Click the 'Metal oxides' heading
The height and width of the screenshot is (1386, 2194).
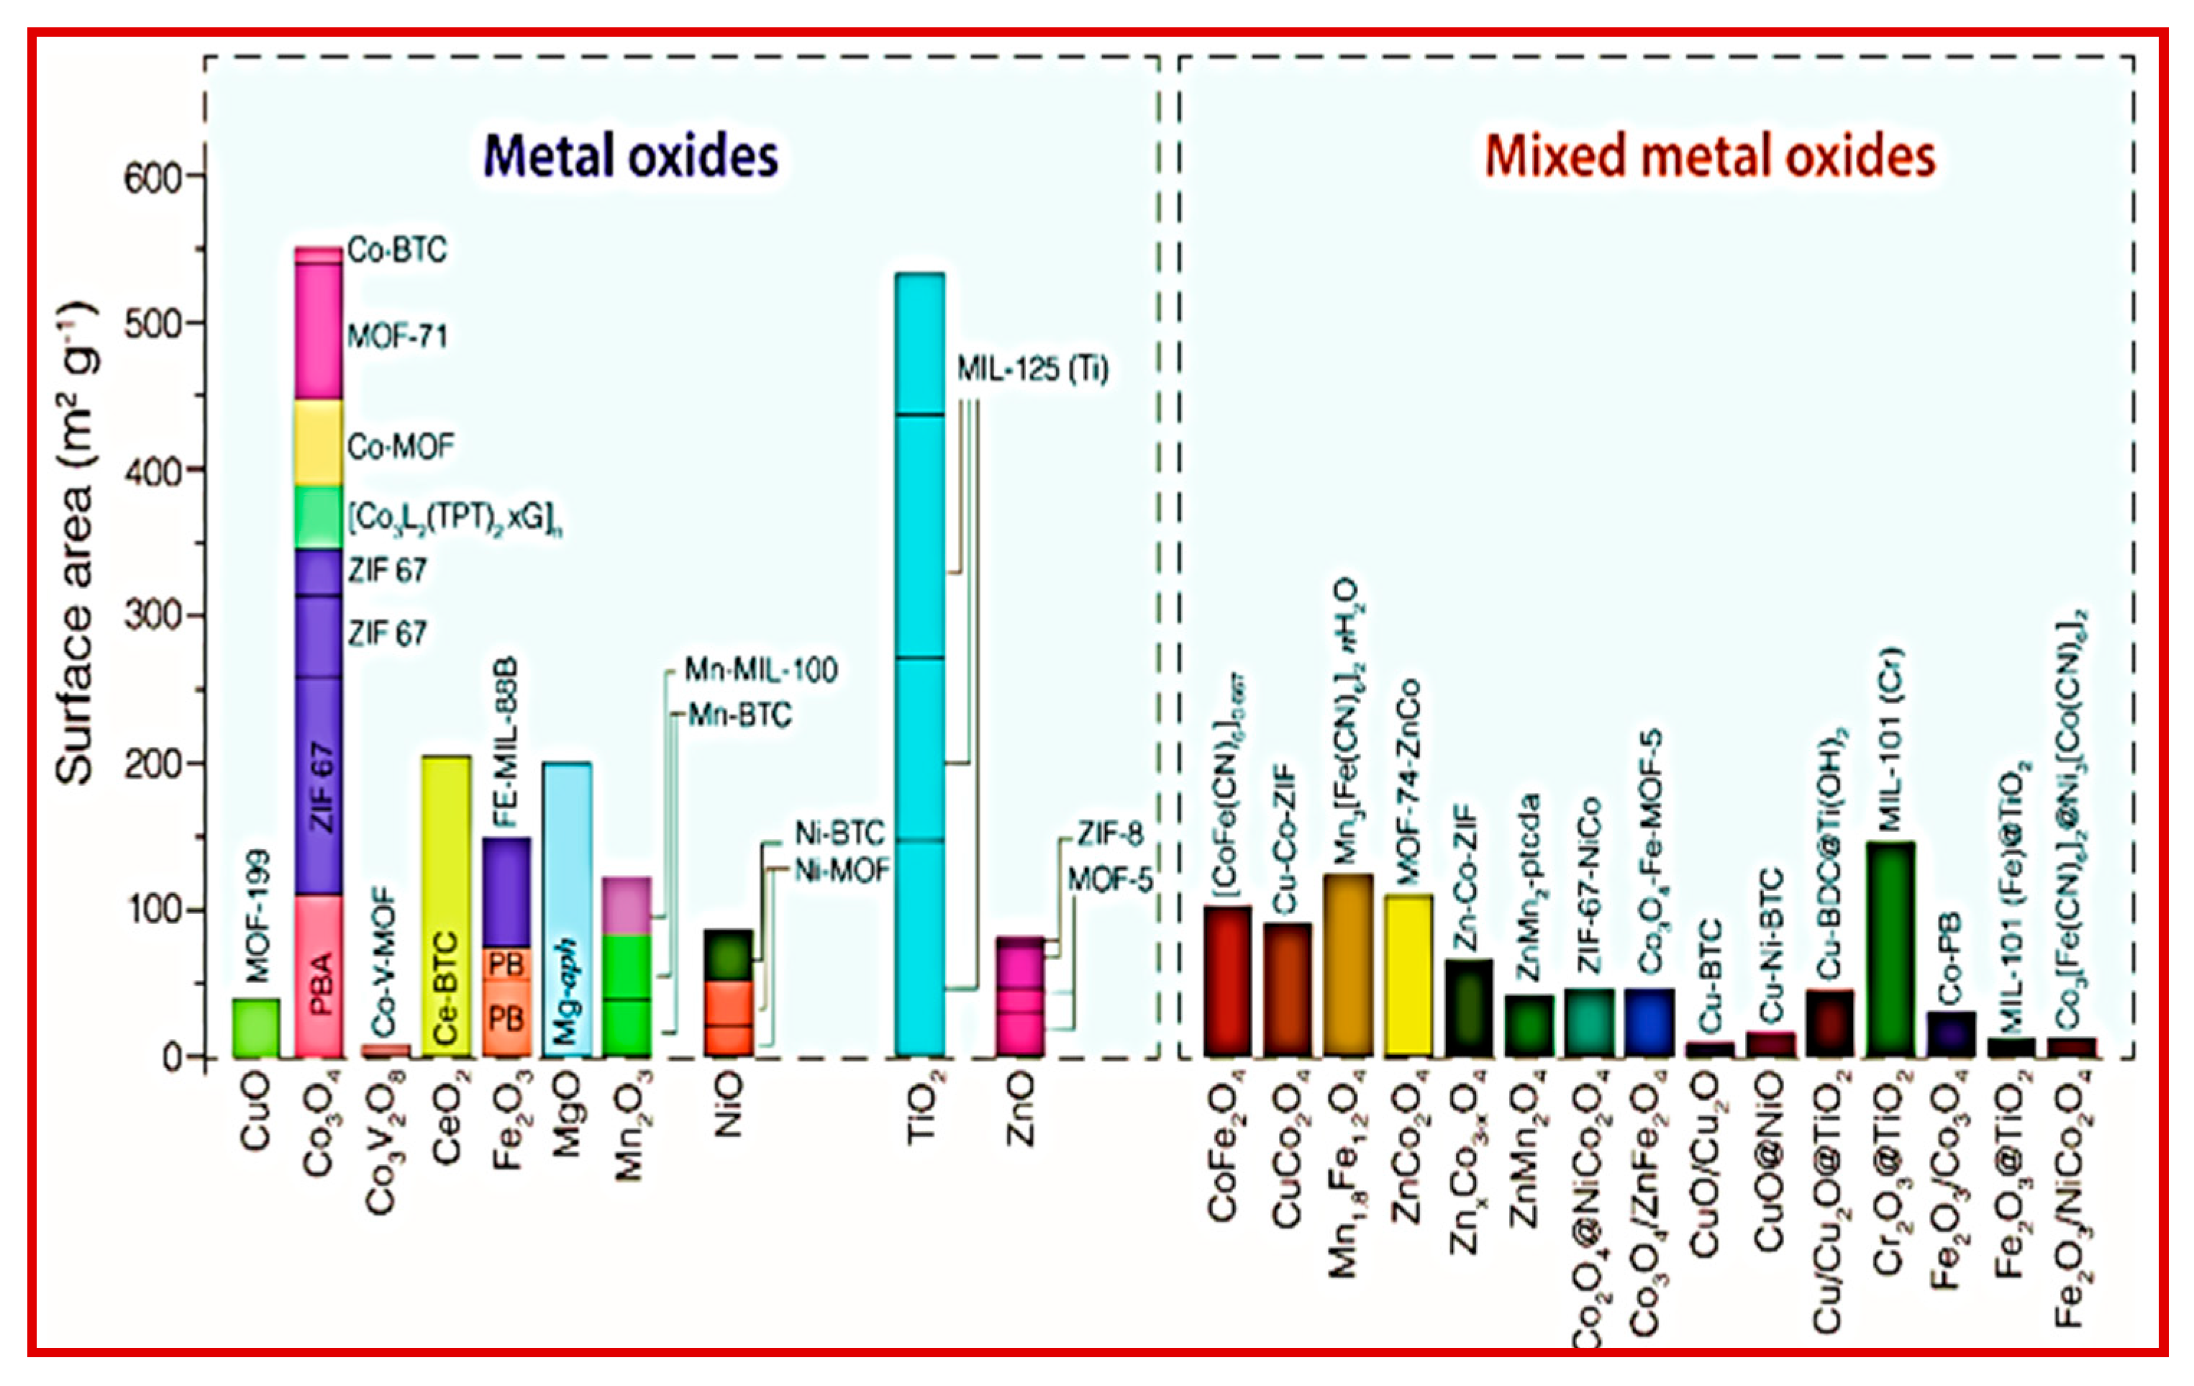pos(630,156)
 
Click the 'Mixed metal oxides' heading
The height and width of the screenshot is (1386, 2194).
pos(1709,156)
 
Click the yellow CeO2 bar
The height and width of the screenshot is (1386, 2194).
pos(447,907)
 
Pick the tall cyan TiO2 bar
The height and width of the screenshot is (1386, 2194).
pos(920,665)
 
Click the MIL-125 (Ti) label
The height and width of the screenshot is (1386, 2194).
pos(1032,369)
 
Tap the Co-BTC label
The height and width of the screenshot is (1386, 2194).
pos(397,250)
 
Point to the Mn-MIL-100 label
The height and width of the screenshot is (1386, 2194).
pos(761,670)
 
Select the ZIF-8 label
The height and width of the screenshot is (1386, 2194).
pos(1110,834)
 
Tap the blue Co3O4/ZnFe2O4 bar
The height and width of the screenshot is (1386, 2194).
pos(1649,1023)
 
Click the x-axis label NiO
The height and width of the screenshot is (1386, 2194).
pos(728,1105)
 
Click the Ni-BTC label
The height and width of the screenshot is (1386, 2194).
pos(839,832)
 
